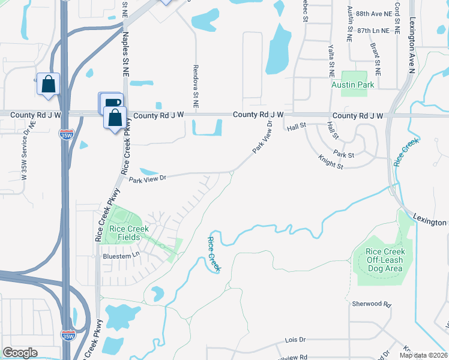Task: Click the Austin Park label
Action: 353,85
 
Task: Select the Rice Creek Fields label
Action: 125,232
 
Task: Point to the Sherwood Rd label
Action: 371,304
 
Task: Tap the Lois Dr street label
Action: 295,339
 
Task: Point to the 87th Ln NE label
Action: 377,29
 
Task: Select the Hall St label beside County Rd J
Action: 297,127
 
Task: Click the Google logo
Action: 20,353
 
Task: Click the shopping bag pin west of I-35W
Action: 48,85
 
